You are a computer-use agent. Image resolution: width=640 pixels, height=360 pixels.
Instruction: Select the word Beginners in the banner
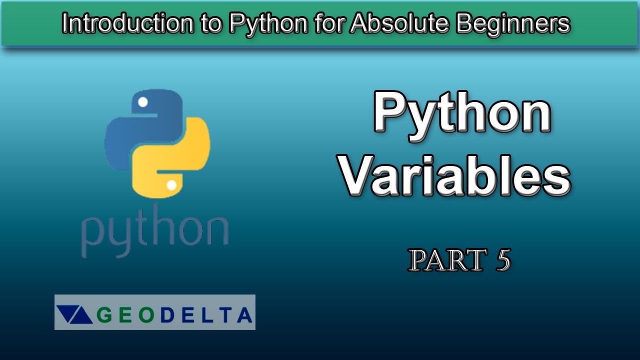pos(513,23)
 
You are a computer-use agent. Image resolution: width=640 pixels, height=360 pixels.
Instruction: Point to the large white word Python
pos(462,114)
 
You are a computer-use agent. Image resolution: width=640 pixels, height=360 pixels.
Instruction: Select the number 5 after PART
pos(503,260)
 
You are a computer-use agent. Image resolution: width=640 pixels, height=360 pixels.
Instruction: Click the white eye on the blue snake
pos(142,102)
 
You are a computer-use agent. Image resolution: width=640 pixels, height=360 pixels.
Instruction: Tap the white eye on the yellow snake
pos(171,185)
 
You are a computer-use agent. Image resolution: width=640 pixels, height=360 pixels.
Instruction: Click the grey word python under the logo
pos(154,232)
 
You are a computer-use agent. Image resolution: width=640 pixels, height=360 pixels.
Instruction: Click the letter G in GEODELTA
pos(103,315)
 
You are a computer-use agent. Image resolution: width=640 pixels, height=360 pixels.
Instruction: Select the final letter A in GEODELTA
pos(244,315)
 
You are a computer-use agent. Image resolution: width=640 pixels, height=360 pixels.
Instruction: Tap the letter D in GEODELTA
pos(165,315)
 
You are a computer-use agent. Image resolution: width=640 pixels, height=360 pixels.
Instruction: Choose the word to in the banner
pos(211,23)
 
